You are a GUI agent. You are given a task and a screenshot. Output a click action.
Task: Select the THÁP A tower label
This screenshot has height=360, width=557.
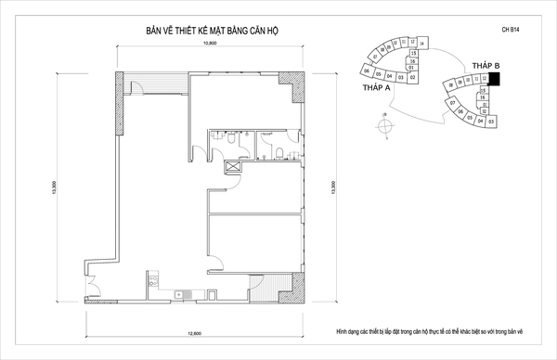[x=376, y=88]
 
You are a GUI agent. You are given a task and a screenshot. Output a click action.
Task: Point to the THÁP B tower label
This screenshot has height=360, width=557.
[x=486, y=66]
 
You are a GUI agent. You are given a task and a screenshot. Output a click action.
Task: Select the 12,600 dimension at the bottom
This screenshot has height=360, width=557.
[x=193, y=330]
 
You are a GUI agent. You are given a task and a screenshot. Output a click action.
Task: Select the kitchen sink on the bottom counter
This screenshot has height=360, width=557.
[x=151, y=278]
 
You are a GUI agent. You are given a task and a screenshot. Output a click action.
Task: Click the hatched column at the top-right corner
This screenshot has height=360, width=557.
[x=298, y=89]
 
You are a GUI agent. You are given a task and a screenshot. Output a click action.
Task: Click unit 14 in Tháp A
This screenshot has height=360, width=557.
[x=422, y=44]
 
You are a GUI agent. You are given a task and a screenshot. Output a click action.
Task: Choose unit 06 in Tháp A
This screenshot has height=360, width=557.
[x=368, y=71]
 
